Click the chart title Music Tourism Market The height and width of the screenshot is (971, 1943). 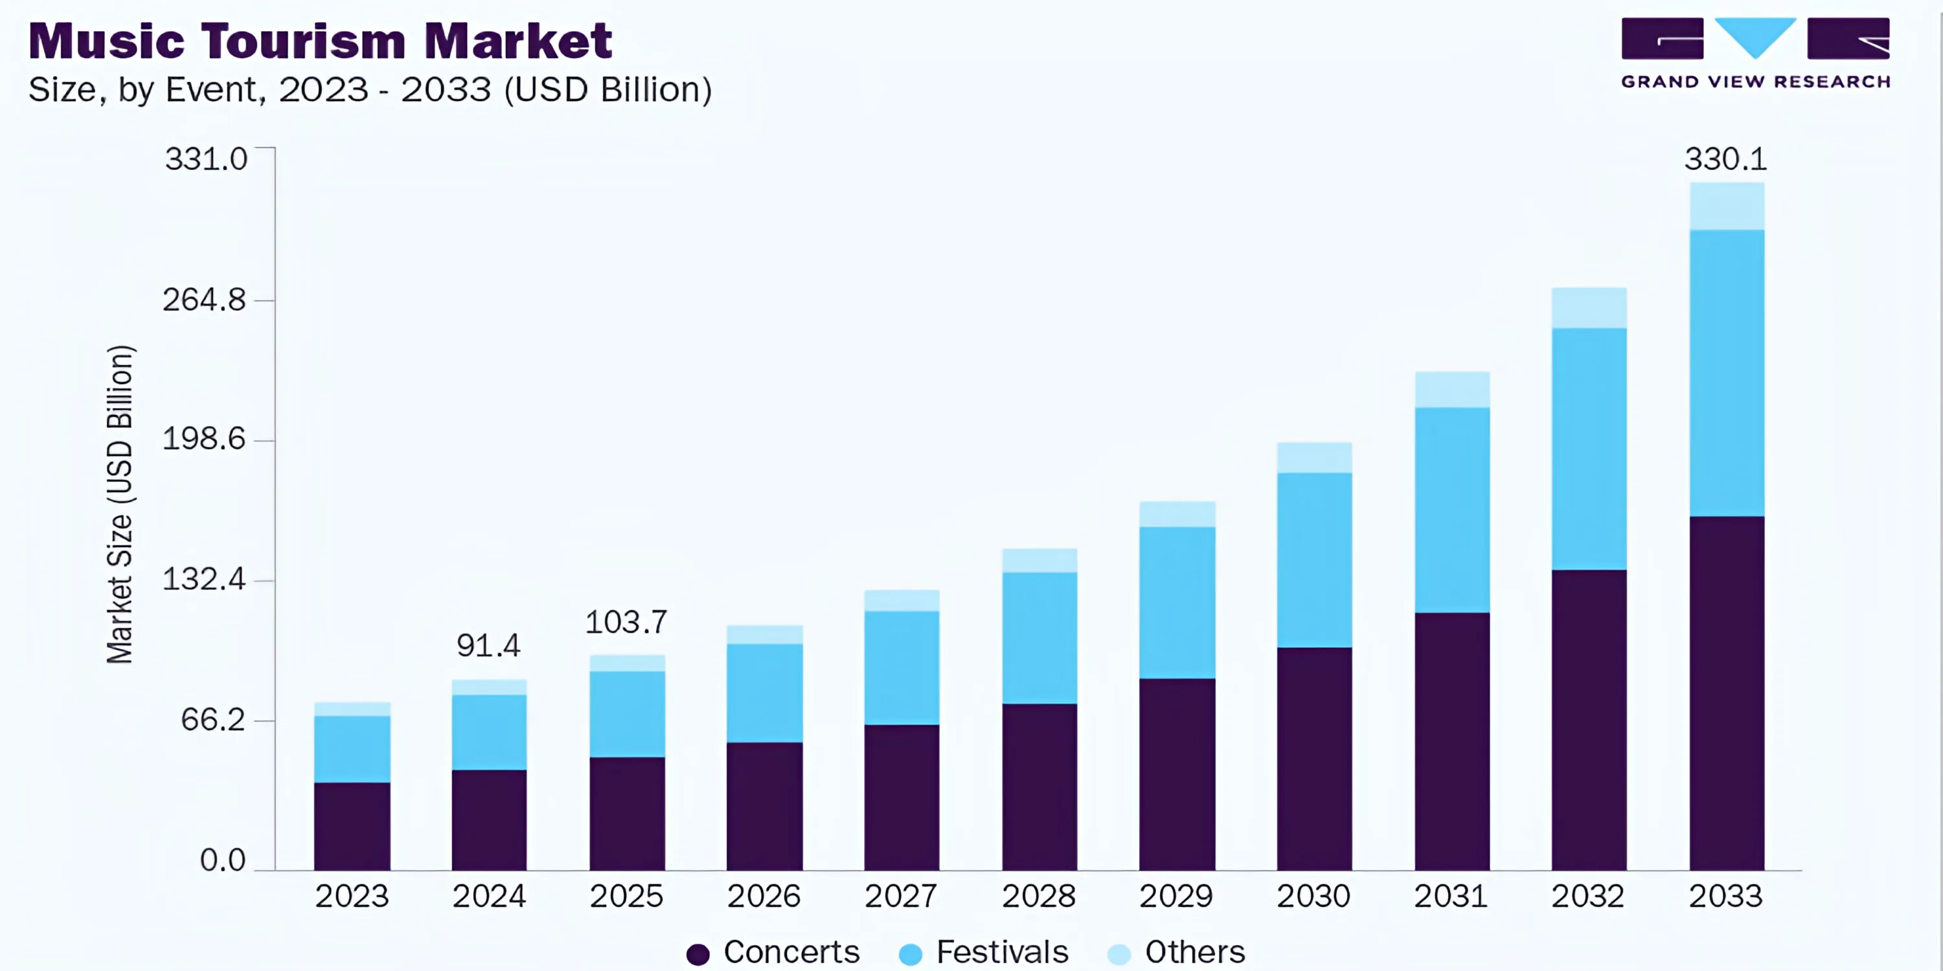(320, 41)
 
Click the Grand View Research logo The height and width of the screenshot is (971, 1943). (1755, 53)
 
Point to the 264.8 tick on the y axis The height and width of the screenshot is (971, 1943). (205, 300)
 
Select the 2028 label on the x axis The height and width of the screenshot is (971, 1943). (1039, 897)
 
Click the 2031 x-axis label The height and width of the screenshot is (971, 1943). (1451, 897)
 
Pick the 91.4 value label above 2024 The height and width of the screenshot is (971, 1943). (488, 645)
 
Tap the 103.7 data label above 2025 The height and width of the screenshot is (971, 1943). (626, 622)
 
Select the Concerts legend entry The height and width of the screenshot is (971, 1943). (774, 952)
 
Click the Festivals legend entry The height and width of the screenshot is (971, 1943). (984, 952)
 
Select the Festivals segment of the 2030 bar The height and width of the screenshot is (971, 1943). (1314, 559)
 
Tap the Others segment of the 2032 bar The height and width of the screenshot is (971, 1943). (1589, 307)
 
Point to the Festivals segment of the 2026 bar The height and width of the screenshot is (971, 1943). (764, 692)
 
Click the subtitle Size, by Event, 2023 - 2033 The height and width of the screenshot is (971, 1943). (370, 90)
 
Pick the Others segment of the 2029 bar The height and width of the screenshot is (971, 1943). (1177, 513)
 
